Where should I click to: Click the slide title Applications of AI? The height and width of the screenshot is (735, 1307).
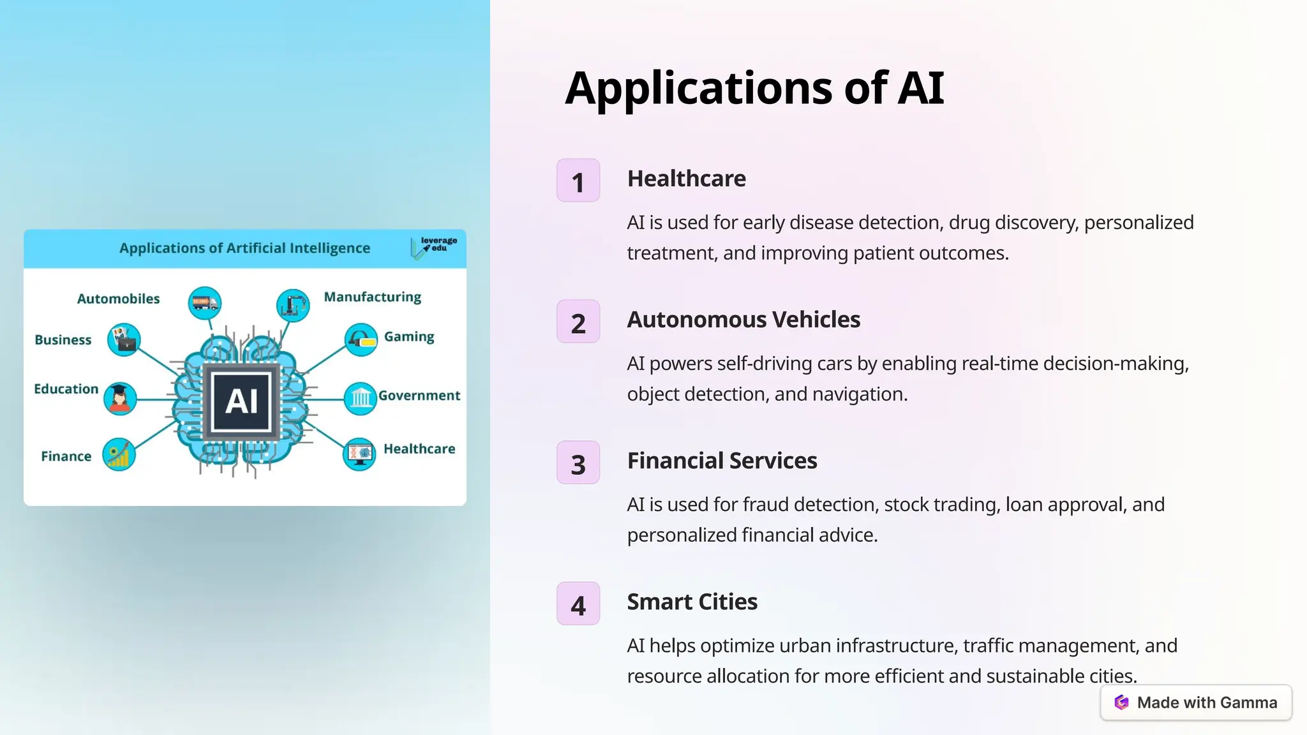coord(754,88)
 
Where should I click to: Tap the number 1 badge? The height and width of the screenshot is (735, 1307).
coord(578,181)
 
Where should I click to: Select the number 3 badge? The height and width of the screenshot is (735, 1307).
coord(578,463)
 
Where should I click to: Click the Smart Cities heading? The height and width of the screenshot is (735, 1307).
coord(692,602)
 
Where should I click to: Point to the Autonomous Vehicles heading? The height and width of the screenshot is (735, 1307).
coord(743,320)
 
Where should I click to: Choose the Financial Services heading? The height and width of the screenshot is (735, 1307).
coord(722,461)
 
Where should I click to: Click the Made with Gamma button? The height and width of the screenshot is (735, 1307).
coord(1196,702)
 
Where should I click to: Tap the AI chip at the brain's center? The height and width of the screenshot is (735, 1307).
coord(242,401)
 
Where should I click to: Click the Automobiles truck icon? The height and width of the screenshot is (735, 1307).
coord(205,302)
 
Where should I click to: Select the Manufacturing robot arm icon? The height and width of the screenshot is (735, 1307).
coord(293,304)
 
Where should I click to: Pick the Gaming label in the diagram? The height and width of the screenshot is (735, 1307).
coord(409,337)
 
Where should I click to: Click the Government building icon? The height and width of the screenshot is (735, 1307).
coord(361,399)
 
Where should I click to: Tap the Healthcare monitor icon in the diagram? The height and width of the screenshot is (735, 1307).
coord(359,454)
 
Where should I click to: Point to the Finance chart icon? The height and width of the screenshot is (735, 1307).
coord(119,455)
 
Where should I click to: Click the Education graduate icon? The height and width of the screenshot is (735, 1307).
coord(120,399)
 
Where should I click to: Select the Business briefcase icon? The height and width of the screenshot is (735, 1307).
coord(124,339)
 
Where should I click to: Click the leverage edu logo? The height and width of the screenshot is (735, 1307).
coord(434,248)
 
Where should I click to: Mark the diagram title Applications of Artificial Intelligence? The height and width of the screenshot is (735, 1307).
coord(244,248)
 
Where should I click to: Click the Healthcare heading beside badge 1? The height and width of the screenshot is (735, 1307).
coord(686,179)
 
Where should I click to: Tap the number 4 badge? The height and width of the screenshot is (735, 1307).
coord(578,604)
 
